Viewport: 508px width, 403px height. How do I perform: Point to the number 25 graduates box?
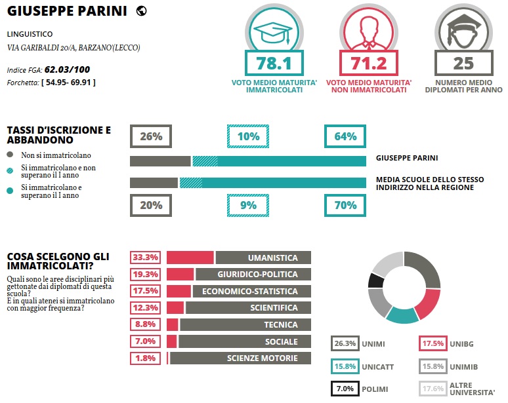click(x=463, y=64)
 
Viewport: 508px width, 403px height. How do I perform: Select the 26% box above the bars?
click(x=151, y=136)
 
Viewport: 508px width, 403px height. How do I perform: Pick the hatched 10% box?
click(x=248, y=136)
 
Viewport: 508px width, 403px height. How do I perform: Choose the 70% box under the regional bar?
click(x=345, y=205)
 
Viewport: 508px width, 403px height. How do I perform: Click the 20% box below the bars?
click(x=151, y=205)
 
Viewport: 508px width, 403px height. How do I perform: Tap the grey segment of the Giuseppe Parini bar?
click(x=160, y=161)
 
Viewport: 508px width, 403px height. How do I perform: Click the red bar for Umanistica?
click(x=190, y=258)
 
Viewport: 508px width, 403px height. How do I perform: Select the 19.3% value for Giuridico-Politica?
click(x=145, y=275)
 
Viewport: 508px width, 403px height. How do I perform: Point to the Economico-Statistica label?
click(x=249, y=291)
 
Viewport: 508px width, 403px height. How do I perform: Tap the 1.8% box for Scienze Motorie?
click(x=145, y=358)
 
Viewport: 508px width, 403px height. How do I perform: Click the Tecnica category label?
click(x=281, y=324)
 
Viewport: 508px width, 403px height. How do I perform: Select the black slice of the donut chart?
click(x=376, y=280)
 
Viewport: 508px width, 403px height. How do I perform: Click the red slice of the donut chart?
click(x=429, y=303)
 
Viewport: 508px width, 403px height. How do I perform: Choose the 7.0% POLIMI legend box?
click(x=345, y=389)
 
